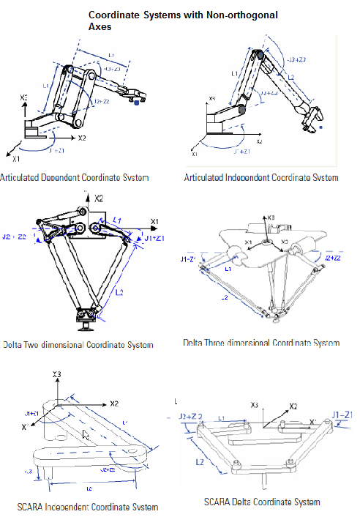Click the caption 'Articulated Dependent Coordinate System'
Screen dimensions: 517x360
(75, 177)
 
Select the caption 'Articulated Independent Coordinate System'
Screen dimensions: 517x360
(261, 177)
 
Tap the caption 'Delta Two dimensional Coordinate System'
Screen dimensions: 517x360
(78, 345)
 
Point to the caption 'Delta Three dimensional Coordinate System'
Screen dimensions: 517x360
(261, 343)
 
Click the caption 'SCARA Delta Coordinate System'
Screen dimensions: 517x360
(262, 502)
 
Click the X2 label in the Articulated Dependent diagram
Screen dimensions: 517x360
(82, 137)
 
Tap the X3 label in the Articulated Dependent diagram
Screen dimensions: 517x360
(23, 97)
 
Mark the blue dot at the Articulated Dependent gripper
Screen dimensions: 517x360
(136, 103)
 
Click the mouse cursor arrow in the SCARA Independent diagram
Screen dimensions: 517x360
(86, 434)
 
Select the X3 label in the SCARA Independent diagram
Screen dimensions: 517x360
(55, 374)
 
